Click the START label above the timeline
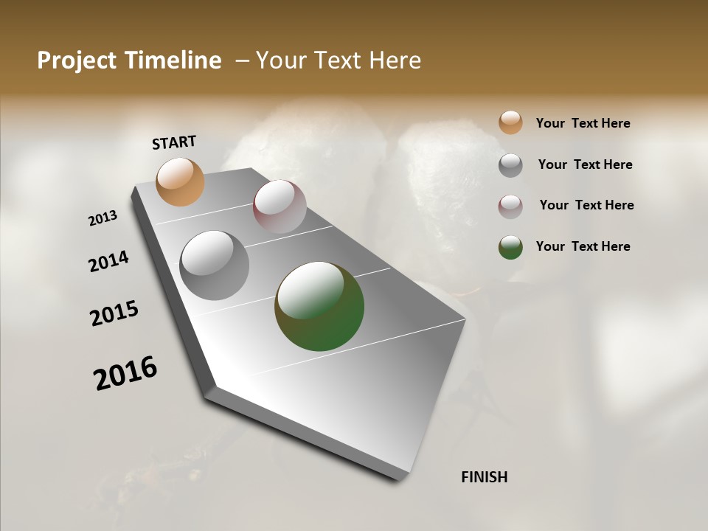(x=174, y=142)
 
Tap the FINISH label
(x=485, y=477)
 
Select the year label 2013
(x=103, y=218)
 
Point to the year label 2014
(x=108, y=261)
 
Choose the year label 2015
(x=114, y=313)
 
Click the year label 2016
(x=125, y=373)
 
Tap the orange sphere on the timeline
(x=181, y=181)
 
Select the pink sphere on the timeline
(x=280, y=206)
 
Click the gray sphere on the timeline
(x=215, y=265)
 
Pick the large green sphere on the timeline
(x=319, y=306)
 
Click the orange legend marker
(x=510, y=122)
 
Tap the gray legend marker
(x=510, y=164)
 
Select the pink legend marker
(x=510, y=206)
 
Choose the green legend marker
(x=510, y=247)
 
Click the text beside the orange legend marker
(x=583, y=123)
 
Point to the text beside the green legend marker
(x=583, y=246)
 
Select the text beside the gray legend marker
(x=585, y=164)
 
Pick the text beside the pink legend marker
(x=586, y=205)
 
